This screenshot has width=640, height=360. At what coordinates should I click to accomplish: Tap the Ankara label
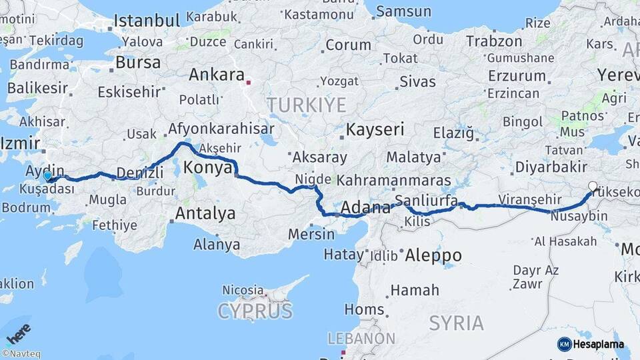[217, 75]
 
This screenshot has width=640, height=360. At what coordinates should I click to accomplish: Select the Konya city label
[207, 167]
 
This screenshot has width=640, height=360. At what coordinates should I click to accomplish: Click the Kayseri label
[375, 129]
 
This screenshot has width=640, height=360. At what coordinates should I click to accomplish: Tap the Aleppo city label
[433, 255]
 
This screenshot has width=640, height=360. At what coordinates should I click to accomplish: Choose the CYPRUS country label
[255, 311]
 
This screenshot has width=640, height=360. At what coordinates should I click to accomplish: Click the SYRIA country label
[456, 323]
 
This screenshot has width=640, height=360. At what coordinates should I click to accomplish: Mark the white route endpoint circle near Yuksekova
[593, 187]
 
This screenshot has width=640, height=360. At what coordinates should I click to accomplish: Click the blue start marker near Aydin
[48, 177]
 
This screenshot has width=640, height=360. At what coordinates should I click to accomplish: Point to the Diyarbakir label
[550, 167]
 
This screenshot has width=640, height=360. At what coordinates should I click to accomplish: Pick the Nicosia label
[243, 290]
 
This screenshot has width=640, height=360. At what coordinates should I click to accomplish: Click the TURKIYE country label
[307, 105]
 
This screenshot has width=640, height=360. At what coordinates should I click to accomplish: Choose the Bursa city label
[138, 63]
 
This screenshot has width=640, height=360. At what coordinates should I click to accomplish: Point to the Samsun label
[403, 11]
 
